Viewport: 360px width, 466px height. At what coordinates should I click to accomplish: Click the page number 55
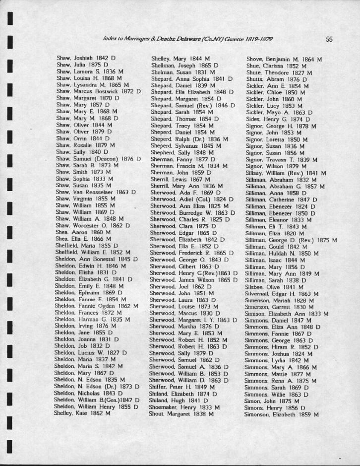329,39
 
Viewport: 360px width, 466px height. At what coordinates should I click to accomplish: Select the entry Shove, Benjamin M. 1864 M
284,59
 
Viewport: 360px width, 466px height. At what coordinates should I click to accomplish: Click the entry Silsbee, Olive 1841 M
273,288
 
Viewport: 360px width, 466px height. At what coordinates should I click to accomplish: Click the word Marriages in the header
133,39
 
